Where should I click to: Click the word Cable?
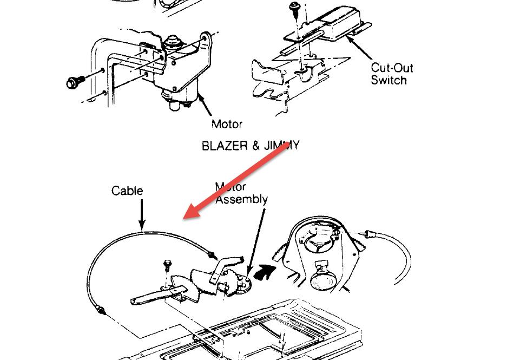click(x=127, y=191)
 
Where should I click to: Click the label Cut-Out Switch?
click(x=392, y=74)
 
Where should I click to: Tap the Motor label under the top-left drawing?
click(x=227, y=124)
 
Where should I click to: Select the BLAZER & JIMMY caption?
click(x=250, y=146)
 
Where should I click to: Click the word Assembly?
click(x=241, y=199)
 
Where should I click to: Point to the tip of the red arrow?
click(x=185, y=218)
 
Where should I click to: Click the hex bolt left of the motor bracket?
click(x=73, y=83)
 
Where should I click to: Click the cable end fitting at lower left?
click(x=100, y=310)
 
